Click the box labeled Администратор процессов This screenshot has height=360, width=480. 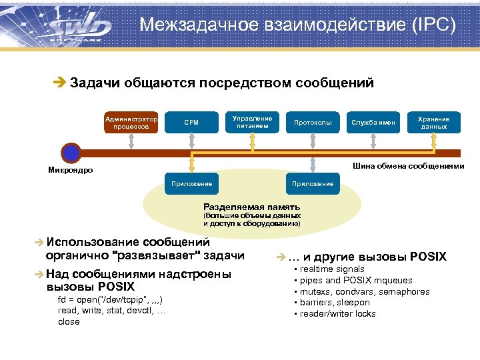(x=131, y=122)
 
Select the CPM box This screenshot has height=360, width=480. (x=191, y=122)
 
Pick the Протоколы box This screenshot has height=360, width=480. (x=313, y=122)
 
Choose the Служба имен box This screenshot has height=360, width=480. (x=373, y=122)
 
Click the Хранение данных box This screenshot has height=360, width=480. (x=433, y=122)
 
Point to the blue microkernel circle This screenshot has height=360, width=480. (x=70, y=153)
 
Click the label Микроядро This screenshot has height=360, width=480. (x=71, y=171)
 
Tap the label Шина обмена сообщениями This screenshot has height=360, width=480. (x=408, y=166)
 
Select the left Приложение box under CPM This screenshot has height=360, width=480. (x=192, y=183)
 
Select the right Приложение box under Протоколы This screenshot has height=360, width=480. (x=313, y=183)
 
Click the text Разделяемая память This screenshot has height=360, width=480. (x=251, y=207)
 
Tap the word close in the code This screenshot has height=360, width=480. (x=69, y=321)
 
